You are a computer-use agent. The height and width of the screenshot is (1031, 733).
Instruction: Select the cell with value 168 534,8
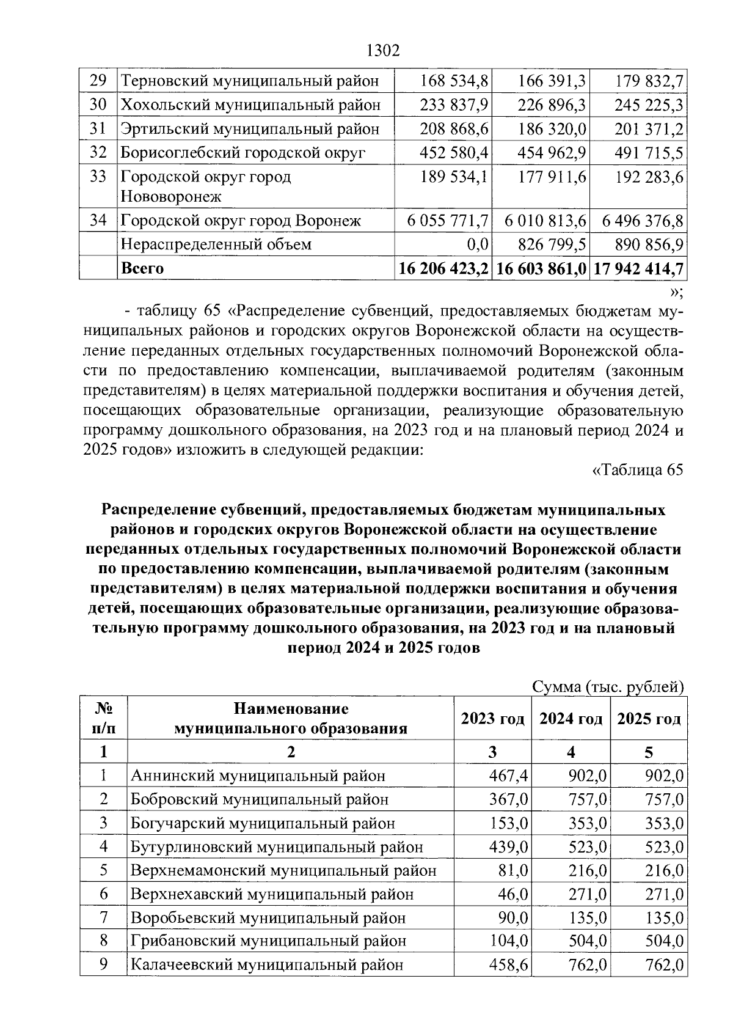454,81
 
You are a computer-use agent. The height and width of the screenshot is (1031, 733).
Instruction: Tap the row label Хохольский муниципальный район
250,105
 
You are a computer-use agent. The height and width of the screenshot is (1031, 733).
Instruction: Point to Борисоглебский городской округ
243,152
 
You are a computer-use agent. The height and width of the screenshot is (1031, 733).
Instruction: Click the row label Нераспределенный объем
216,244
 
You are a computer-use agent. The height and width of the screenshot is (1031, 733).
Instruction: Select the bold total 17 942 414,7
638,268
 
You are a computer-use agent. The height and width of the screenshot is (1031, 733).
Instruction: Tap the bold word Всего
142,268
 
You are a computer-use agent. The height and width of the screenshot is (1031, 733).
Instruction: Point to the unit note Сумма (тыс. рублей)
608,687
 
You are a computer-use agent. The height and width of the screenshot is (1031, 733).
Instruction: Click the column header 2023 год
492,719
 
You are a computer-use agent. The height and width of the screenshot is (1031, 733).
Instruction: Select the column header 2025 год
649,719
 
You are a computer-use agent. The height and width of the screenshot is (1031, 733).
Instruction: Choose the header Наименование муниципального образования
291,719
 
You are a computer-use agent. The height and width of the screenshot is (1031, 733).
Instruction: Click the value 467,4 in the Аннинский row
508,776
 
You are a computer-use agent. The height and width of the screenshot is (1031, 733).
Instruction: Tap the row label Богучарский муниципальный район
263,823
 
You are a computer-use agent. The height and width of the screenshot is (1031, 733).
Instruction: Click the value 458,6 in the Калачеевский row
508,965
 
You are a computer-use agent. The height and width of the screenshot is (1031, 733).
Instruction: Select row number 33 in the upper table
98,177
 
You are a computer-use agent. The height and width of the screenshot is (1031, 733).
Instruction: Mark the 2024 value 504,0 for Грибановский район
587,941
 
